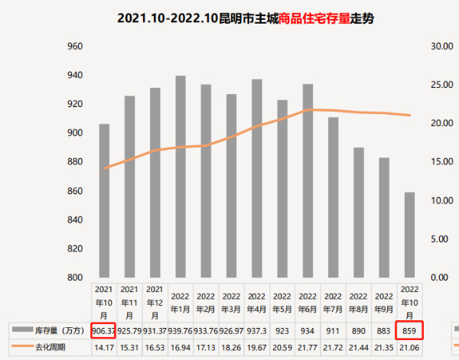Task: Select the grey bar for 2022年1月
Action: [181, 177]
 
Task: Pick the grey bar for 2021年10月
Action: [104, 200]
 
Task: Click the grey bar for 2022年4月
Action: [257, 178]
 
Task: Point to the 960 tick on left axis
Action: [74, 47]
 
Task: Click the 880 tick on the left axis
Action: [74, 162]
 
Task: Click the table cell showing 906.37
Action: [103, 331]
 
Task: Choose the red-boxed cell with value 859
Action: [409, 331]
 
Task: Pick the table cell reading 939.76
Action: [181, 331]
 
